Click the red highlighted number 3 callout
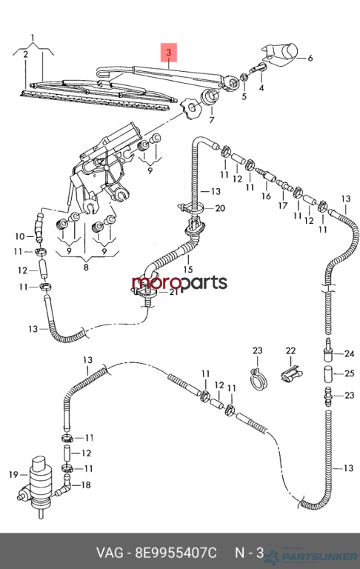tap(169, 53)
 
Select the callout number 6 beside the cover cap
tap(310, 58)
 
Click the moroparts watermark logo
tap(179, 283)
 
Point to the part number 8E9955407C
tap(176, 553)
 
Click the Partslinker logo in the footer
tap(310, 556)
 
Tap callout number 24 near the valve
tap(349, 353)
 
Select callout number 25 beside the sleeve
tap(349, 373)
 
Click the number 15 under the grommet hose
tap(188, 269)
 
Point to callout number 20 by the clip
tap(220, 208)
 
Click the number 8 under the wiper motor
tap(86, 267)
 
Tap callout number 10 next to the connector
tap(19, 236)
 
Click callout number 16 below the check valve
tap(266, 196)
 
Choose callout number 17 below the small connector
tap(283, 205)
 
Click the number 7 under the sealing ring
tap(212, 119)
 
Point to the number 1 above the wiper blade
tap(33, 37)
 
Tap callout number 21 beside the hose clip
tap(174, 291)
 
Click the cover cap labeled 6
tap(280, 55)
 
